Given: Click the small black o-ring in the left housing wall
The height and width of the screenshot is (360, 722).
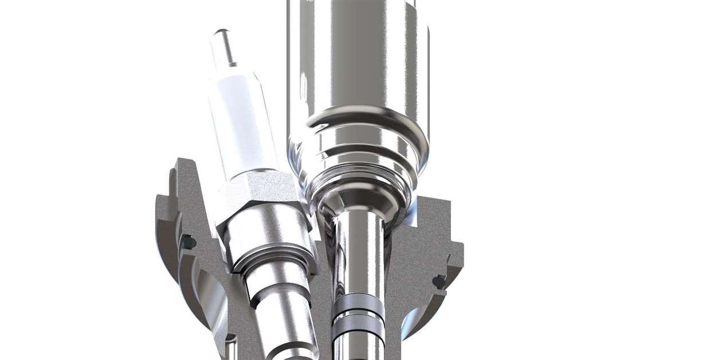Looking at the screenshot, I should pyautogui.click(x=188, y=242).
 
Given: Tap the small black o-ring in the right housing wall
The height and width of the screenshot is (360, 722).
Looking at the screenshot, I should pyautogui.click(x=440, y=281).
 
